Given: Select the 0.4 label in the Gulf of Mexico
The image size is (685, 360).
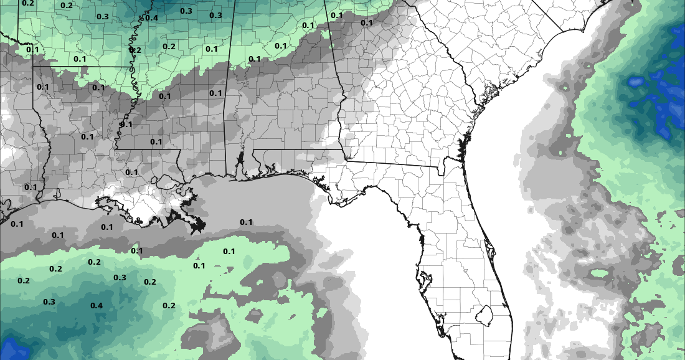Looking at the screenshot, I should click(x=96, y=305).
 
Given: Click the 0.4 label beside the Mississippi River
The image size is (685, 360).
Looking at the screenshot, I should click(x=151, y=17).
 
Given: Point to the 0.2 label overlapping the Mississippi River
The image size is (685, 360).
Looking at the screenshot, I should click(x=135, y=50).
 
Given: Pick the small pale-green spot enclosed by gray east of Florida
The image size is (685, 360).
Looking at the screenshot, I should click(x=599, y=273).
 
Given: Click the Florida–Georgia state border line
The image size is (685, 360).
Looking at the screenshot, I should click(x=392, y=163).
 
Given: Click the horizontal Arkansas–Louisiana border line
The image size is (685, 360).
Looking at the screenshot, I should click(x=81, y=66).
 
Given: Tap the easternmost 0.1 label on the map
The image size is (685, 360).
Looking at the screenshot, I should click(x=366, y=23).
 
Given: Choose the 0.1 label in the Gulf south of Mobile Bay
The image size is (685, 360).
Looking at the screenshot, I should click(x=246, y=222).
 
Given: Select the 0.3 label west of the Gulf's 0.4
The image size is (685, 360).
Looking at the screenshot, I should click(x=49, y=301).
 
